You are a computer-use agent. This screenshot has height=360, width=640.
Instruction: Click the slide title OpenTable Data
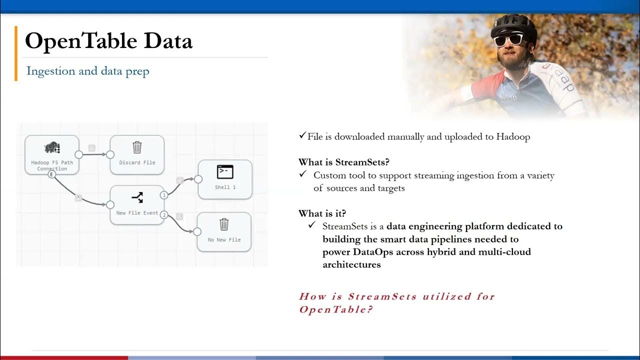pyautogui.click(x=108, y=41)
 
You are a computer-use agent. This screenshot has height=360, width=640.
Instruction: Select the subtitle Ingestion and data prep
pyautogui.click(x=87, y=71)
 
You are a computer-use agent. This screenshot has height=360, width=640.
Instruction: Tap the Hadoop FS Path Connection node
pyautogui.click(x=52, y=154)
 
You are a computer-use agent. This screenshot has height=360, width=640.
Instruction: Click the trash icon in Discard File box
pyautogui.click(x=137, y=147)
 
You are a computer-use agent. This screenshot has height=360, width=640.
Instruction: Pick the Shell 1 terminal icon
pyautogui.click(x=225, y=172)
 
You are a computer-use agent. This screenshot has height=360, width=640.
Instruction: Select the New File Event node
pyautogui.click(x=137, y=205)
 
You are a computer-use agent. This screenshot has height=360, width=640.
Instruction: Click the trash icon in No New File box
pyautogui.click(x=224, y=224)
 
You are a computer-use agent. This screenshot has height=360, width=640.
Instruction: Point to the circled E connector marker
pyautogui.click(x=51, y=174)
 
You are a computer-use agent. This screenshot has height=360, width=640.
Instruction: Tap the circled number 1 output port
pyautogui.click(x=164, y=195)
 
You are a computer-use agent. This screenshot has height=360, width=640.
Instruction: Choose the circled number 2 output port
pyautogui.click(x=164, y=215)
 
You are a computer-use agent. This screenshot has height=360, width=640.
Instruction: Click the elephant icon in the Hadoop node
pyautogui.click(x=52, y=147)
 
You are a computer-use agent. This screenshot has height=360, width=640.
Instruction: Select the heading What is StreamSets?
pyautogui.click(x=343, y=162)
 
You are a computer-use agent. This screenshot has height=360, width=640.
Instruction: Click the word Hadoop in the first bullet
pyautogui.click(x=513, y=136)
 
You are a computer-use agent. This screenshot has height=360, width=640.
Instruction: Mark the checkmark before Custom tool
pyautogui.click(x=302, y=174)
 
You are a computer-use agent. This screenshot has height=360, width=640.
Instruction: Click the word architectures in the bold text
pyautogui.click(x=351, y=264)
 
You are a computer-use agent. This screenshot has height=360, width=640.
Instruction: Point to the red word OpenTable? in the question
pyautogui.click(x=335, y=309)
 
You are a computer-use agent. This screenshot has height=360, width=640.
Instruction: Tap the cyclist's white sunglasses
pyautogui.click(x=509, y=39)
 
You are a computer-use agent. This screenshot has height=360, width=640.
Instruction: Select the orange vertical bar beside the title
pyautogui.click(x=16, y=53)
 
